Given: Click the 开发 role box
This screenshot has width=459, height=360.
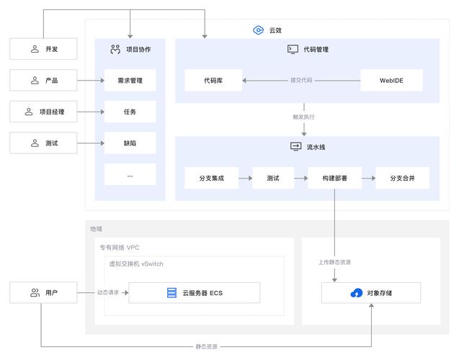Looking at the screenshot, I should [43, 49].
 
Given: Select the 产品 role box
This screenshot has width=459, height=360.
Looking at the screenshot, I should [43, 81].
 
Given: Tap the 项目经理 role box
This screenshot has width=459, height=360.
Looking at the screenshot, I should [43, 112].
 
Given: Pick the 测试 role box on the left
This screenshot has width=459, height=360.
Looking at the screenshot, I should [43, 143].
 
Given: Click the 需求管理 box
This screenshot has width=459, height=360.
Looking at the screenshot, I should [130, 81].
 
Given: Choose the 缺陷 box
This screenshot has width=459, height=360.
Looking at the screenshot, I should [130, 143].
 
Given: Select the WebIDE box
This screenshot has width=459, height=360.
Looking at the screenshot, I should [391, 81].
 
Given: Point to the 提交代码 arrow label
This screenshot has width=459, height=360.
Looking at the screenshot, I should [301, 81].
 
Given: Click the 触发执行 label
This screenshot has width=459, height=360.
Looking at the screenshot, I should [303, 117].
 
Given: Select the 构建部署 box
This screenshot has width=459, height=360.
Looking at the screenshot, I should [334, 178].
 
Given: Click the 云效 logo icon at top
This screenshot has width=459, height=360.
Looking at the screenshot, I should [259, 30].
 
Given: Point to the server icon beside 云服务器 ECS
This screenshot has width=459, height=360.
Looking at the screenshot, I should [171, 293].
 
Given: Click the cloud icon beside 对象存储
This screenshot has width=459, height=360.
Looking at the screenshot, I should [356, 293].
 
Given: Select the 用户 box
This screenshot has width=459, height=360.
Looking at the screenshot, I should [43, 293].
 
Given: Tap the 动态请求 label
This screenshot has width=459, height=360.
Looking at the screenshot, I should [112, 293].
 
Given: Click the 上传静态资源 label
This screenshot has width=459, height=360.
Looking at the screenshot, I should [334, 262].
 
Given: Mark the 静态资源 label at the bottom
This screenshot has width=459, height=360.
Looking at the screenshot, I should [206, 347].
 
